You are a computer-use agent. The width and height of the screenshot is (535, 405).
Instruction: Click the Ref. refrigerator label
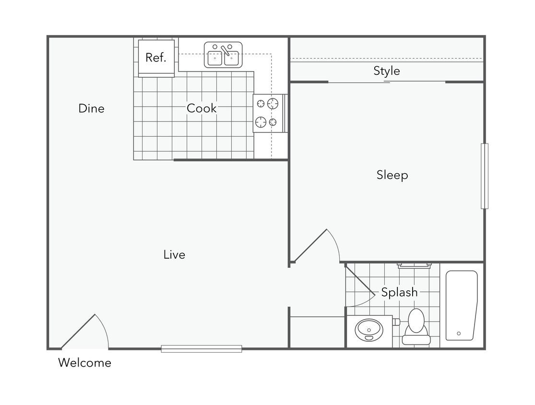(155, 58)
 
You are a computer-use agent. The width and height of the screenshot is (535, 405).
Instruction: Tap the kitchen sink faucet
(225, 50)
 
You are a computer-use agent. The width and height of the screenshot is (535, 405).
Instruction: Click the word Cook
(202, 108)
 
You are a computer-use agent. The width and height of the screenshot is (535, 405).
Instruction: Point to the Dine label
(91, 109)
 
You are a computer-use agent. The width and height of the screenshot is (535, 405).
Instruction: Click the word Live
(174, 255)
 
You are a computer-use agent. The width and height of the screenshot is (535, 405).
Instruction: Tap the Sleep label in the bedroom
(392, 175)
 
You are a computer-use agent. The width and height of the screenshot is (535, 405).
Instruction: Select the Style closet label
(386, 71)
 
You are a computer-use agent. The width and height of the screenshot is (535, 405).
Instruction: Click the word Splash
(399, 292)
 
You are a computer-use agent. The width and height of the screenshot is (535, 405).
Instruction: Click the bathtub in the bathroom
(461, 305)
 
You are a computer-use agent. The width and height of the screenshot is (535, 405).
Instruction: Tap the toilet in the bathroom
(416, 328)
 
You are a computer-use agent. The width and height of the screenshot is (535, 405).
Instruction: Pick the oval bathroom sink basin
(369, 330)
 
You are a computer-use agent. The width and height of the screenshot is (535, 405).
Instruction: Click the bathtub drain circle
(459, 334)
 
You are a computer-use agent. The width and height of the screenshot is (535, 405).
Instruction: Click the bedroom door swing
(319, 247)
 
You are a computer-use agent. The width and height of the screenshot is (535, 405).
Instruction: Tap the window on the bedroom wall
(485, 176)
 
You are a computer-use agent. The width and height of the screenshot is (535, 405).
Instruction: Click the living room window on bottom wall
(202, 349)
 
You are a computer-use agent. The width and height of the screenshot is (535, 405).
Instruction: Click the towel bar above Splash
(414, 264)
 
